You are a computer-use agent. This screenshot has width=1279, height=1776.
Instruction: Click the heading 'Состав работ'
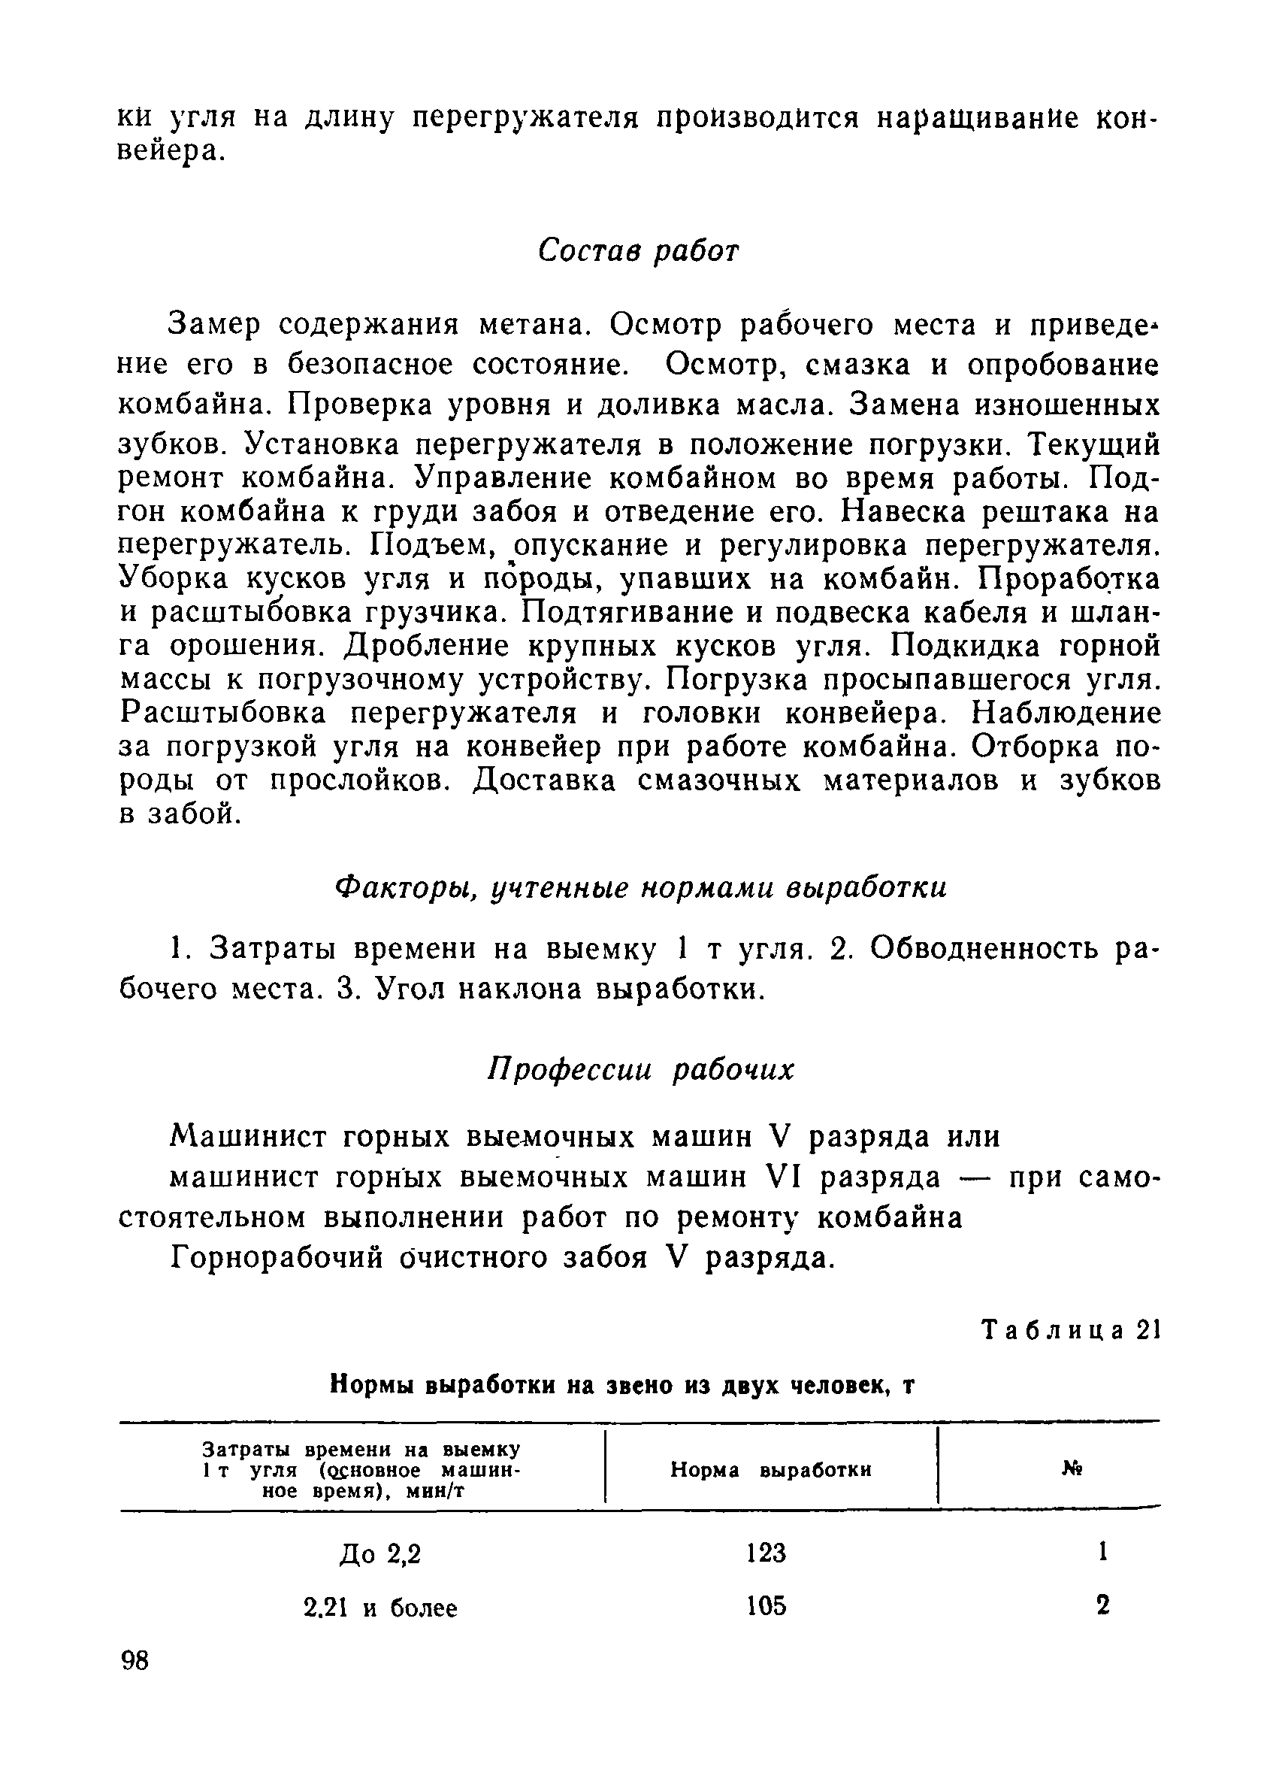638,251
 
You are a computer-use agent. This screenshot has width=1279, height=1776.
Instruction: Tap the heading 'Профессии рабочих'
640,1070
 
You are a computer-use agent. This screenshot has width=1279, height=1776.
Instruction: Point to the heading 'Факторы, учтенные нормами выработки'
640,887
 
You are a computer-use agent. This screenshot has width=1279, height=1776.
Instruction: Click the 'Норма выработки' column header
771,1470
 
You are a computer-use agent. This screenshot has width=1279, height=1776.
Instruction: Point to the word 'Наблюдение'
1066,714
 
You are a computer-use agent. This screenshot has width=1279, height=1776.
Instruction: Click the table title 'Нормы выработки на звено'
621,1385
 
